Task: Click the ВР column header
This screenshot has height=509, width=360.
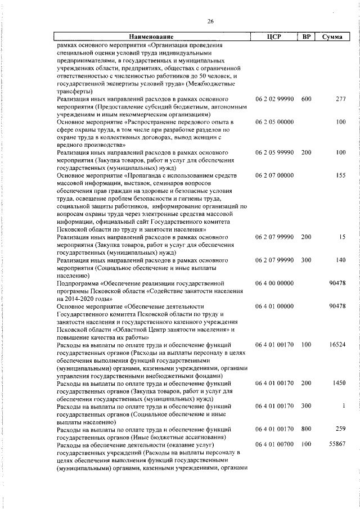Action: pyautogui.click(x=306, y=37)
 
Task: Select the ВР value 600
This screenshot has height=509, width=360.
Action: pyautogui.click(x=306, y=100)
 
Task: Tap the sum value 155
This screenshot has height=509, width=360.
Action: pyautogui.click(x=340, y=175)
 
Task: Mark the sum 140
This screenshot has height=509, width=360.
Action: pyautogui.click(x=340, y=260)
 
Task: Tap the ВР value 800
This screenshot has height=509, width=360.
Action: pyautogui.click(x=306, y=429)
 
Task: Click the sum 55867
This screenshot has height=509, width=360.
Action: pyautogui.click(x=336, y=444)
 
